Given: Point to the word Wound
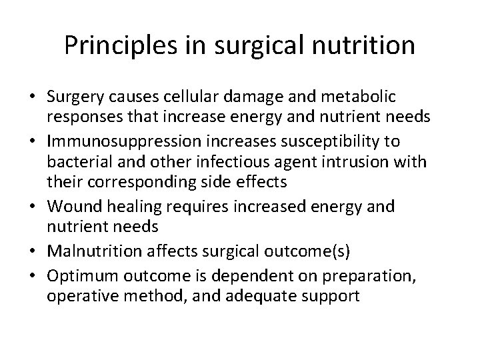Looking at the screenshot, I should pyautogui.click(x=70, y=207).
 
